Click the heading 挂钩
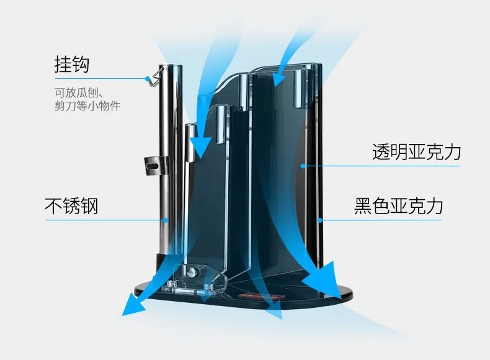[x=72, y=65]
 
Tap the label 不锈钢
[x=71, y=206]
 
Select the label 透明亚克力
[x=417, y=152]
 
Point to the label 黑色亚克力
[x=398, y=206]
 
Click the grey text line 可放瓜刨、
[x=79, y=93]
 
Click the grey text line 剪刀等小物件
[x=87, y=106]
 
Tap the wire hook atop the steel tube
[x=154, y=76]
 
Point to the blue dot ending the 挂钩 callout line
[x=147, y=78]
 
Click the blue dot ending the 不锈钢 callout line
[x=166, y=220]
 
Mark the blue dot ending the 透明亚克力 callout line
[x=303, y=166]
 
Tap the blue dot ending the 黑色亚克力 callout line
[x=320, y=220]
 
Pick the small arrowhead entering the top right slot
[x=277, y=79]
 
